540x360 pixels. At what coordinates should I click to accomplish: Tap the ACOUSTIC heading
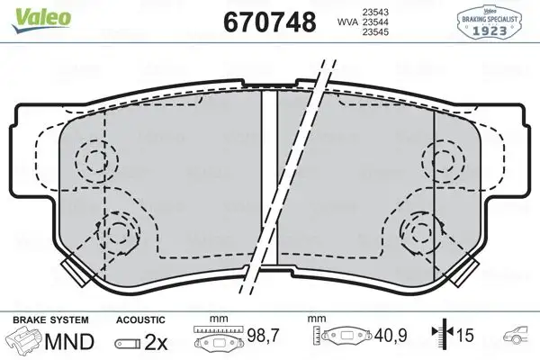tap(140, 319)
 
